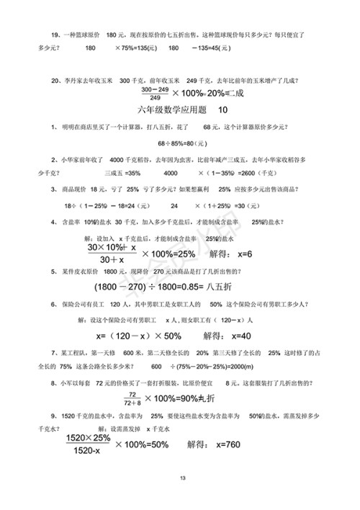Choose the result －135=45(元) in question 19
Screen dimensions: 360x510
(x=210, y=48)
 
